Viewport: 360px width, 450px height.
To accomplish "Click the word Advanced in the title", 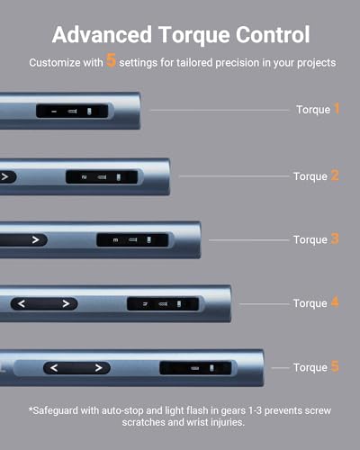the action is (102, 34).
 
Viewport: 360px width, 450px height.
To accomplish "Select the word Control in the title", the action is (273, 34).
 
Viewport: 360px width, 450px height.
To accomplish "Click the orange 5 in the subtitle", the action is (111, 59).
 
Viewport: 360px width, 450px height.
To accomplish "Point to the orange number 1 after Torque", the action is (337, 109).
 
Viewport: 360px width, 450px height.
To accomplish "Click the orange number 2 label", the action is (335, 175).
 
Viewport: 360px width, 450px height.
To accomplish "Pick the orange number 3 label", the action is (335, 238).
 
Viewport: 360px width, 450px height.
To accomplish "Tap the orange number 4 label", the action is (335, 302).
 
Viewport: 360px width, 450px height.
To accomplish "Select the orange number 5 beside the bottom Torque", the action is (335, 366).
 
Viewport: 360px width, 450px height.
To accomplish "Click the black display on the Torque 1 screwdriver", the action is (72, 111).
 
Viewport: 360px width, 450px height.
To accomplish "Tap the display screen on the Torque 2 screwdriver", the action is (102, 177).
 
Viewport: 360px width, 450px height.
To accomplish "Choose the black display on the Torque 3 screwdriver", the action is (132, 240).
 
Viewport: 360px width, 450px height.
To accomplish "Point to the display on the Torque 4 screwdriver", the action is (163, 304).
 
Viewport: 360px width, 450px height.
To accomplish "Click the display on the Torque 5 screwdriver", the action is (195, 368).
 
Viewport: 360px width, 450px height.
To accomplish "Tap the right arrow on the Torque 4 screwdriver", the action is (66, 303).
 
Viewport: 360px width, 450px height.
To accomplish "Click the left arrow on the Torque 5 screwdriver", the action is (54, 367).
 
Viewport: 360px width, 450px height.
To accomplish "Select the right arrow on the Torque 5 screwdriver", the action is (98, 367).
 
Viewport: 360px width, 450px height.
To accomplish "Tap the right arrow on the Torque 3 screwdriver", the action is (36, 239).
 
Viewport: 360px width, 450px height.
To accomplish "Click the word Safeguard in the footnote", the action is (55, 410).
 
